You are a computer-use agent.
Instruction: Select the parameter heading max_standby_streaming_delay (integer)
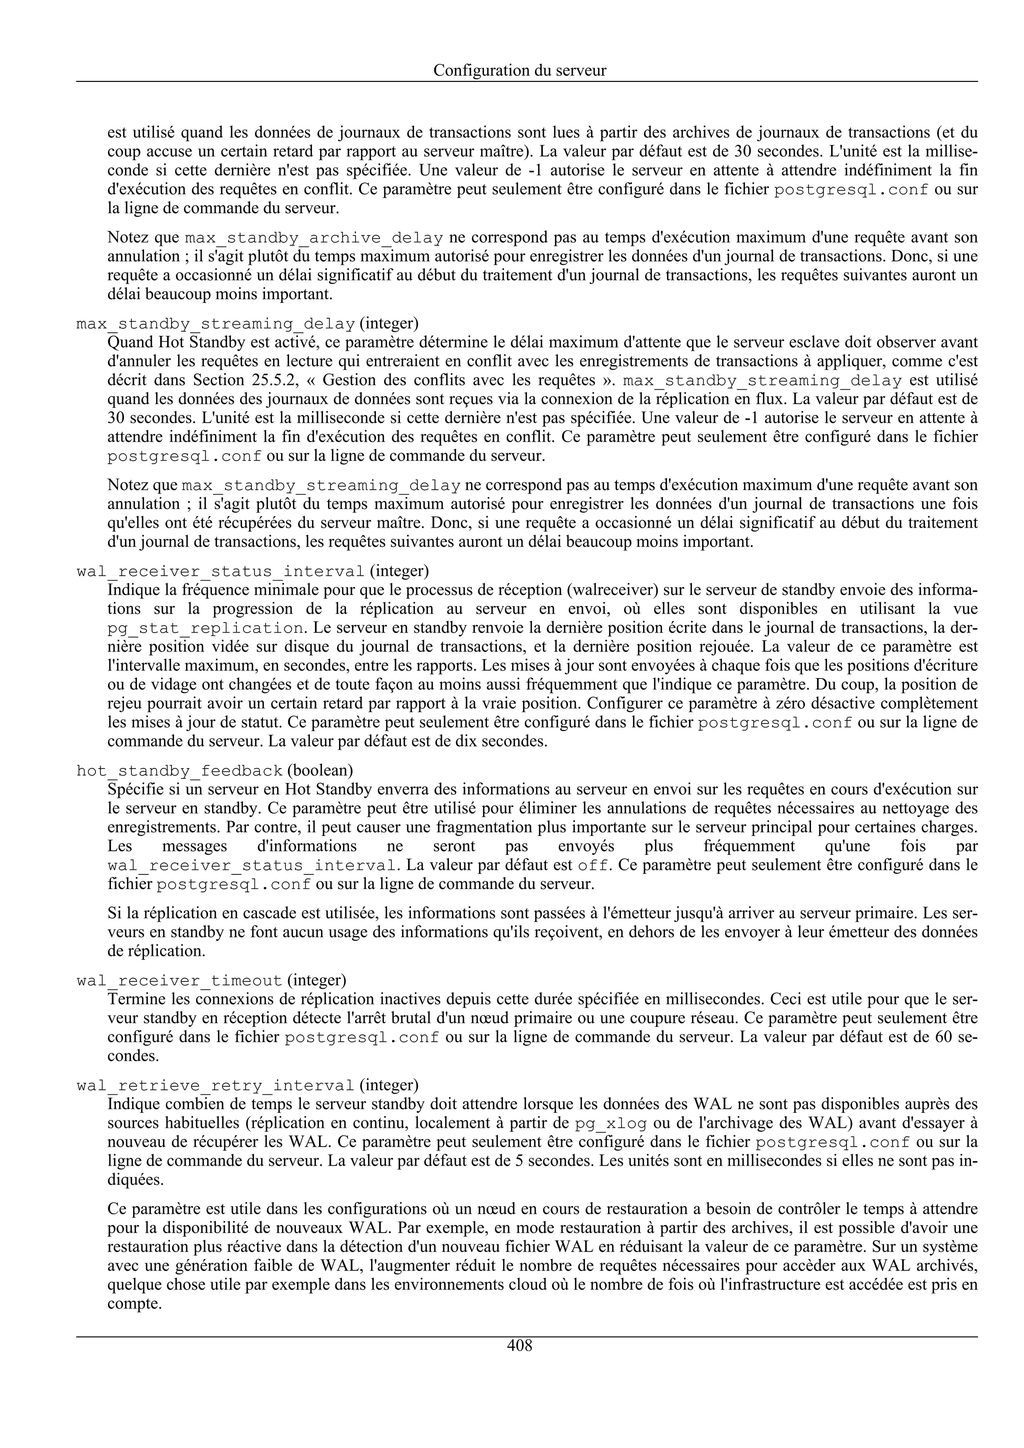246,324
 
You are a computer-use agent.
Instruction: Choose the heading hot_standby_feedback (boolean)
214,770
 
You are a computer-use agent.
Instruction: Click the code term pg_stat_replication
205,628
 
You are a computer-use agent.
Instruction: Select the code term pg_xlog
610,1123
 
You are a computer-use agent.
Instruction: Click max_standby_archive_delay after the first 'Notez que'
313,238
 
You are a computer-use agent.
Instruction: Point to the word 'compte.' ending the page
134,1304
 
